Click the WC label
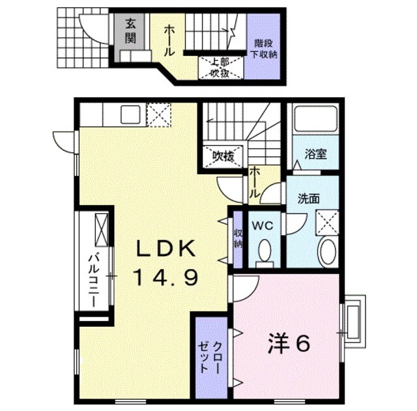(x=264, y=226)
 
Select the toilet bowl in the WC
(x=265, y=251)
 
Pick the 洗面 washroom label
(x=308, y=198)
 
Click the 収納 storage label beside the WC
(x=238, y=238)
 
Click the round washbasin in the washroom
(x=325, y=251)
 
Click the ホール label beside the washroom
(x=255, y=184)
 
